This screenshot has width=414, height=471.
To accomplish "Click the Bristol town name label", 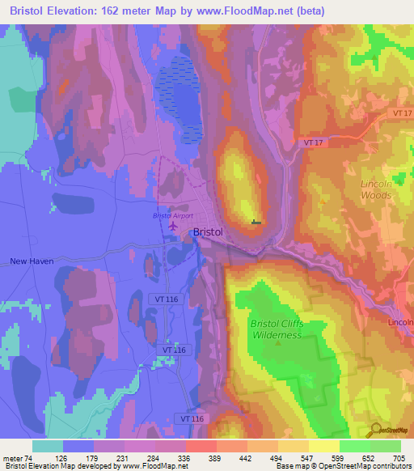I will click(208, 232).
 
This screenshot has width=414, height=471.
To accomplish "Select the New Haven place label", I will click(31, 261).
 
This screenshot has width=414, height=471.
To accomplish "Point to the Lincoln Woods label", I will click(376, 189).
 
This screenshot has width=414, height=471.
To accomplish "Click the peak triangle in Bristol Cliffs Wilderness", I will click(277, 342).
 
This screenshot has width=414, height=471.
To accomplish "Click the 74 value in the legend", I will click(30, 456).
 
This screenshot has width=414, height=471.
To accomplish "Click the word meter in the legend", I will click(12, 456).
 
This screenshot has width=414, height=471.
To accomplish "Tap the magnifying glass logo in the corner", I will click(375, 430).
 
